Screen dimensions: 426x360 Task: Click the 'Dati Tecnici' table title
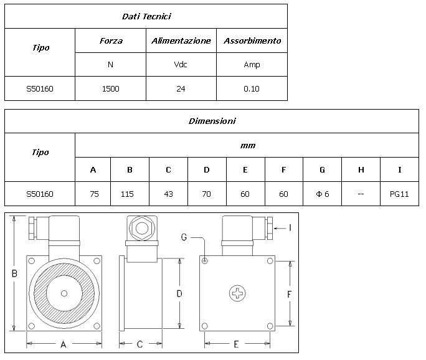[146, 17]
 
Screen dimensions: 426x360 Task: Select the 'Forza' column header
[111, 40]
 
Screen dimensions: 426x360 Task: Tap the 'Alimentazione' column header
[181, 40]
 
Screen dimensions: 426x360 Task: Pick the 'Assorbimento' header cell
[252, 40]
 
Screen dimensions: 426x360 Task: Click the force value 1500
[111, 89]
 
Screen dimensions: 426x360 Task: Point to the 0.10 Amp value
[252, 89]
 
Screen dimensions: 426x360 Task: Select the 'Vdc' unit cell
[181, 65]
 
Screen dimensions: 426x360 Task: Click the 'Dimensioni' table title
[212, 121]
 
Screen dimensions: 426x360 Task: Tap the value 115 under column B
[127, 194]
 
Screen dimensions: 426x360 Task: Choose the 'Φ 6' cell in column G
[322, 194]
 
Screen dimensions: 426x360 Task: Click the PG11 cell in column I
[399, 194]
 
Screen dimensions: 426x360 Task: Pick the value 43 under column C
[168, 194]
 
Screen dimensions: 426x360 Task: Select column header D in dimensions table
[207, 170]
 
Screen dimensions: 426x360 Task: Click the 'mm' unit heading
[248, 146]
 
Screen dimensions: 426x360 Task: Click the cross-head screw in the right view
[237, 293]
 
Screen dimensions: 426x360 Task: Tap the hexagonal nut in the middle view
[142, 229]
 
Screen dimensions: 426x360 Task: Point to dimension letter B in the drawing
[14, 273]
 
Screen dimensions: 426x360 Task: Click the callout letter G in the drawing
[184, 237]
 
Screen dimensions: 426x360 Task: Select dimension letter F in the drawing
[290, 294]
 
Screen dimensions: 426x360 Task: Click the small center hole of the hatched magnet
[64, 293]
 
